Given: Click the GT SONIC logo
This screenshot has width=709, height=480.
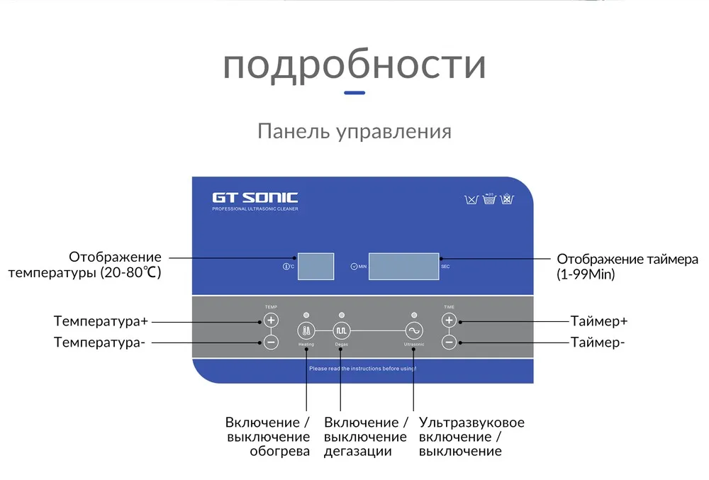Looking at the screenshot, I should coord(255,198).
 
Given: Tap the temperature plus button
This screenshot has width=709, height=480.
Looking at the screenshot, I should coord(271,320).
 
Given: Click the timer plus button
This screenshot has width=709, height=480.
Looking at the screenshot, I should coord(448,320).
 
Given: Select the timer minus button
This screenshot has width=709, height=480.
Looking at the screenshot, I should coord(448,342).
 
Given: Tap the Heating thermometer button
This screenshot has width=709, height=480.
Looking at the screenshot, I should coord(306,331).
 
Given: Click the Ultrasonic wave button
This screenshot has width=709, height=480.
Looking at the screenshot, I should coord(413,331).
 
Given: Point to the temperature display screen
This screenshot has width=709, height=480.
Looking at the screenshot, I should coord(315,266).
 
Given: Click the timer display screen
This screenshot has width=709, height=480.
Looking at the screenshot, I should coord(403,266).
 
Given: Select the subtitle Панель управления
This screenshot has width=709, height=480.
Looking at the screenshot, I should coord(354,132).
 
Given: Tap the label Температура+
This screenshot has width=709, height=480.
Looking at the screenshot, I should coord(101,321).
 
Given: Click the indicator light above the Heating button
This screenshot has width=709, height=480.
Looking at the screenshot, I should coord(306,314).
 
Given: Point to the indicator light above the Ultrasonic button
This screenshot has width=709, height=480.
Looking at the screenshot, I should coord(413,314).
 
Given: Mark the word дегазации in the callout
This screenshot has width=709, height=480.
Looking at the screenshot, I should coord(358,452).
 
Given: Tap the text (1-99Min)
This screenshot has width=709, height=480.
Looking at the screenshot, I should coord(586,274).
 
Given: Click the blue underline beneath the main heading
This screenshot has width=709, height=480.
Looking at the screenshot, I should coord(354,93).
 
